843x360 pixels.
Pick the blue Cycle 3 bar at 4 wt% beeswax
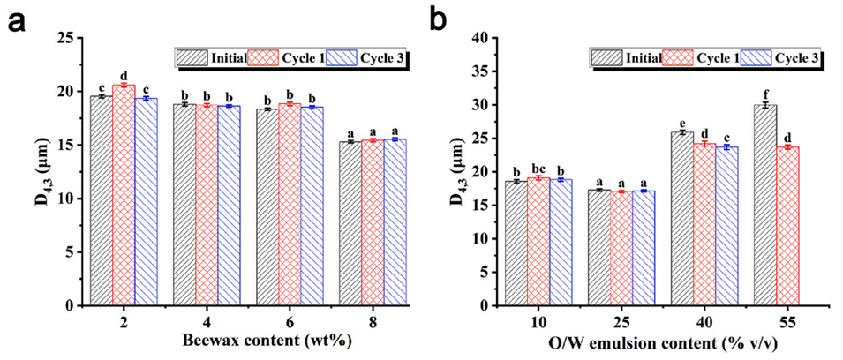tap(229, 205)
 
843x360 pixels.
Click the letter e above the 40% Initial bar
tap(681, 122)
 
